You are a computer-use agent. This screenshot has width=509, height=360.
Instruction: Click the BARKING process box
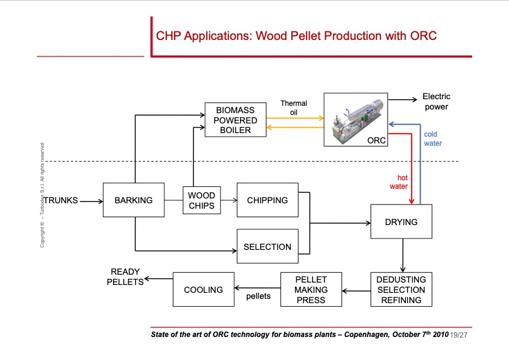click(134, 200)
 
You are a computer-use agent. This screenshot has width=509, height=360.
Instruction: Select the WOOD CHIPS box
click(201, 200)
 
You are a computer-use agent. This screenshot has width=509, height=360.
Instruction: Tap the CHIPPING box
click(267, 200)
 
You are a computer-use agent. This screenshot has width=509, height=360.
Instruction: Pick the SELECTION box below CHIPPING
click(267, 246)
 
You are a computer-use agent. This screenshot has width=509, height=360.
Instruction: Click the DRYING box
click(401, 222)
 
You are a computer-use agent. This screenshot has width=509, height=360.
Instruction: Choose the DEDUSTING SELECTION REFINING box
click(401, 290)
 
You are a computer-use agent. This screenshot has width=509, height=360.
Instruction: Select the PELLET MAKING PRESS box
click(311, 290)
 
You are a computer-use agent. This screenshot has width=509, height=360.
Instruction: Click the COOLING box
click(203, 290)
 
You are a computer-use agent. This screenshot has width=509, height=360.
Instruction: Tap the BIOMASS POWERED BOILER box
click(236, 120)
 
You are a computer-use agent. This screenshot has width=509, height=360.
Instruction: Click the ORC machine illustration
click(355, 119)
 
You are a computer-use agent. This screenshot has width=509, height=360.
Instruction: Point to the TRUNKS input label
click(60, 200)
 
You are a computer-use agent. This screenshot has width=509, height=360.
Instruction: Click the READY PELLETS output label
click(125, 277)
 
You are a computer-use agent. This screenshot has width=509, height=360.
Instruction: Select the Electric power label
click(436, 102)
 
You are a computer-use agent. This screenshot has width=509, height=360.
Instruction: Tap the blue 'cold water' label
click(432, 139)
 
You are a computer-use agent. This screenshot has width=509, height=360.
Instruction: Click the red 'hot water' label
click(398, 182)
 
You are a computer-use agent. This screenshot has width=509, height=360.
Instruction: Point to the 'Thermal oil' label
click(294, 108)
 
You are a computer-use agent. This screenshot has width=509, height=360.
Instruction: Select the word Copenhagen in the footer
click(367, 334)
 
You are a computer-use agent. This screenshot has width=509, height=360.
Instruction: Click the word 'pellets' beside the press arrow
click(258, 296)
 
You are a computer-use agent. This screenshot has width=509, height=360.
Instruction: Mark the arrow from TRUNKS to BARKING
click(91, 200)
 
